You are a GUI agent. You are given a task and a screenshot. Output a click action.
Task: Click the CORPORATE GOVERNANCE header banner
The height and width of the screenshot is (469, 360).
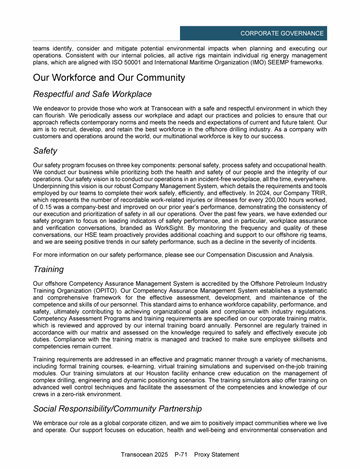(253, 33)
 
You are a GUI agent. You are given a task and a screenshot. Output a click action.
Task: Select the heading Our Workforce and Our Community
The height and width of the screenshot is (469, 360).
(109, 78)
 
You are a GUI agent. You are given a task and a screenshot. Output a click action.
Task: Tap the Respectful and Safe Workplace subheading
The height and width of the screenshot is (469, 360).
(92, 94)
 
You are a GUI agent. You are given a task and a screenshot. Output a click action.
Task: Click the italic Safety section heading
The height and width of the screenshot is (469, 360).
(46, 151)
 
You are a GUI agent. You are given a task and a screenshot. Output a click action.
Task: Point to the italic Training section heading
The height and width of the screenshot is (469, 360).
(48, 270)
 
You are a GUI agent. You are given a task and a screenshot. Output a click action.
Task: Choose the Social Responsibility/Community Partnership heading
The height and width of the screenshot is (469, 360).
(117, 408)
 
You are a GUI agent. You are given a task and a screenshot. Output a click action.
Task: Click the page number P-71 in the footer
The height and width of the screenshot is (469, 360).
(183, 454)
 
